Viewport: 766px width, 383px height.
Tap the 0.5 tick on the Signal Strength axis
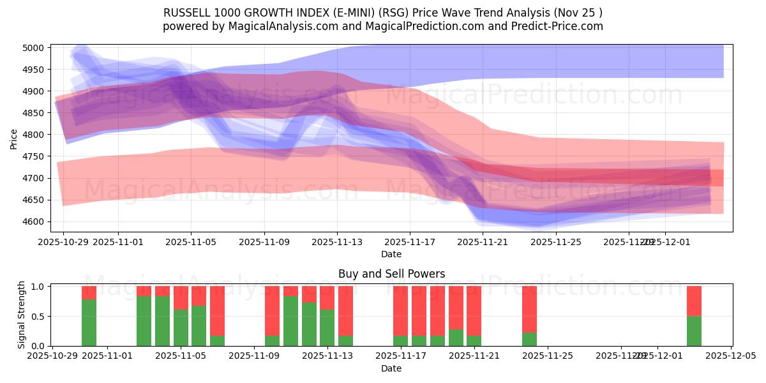click(37, 316)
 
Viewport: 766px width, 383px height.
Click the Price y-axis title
click(14, 139)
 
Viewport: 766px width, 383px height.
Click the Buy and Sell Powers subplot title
click(391, 274)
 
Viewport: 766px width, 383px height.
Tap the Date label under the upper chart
click(391, 254)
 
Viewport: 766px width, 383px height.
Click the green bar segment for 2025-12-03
click(694, 331)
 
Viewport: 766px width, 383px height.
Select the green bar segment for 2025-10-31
click(89, 322)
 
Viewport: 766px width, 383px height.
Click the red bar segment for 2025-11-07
click(217, 311)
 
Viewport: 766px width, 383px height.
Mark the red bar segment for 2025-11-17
click(400, 311)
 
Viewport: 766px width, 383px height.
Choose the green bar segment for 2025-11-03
click(144, 321)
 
